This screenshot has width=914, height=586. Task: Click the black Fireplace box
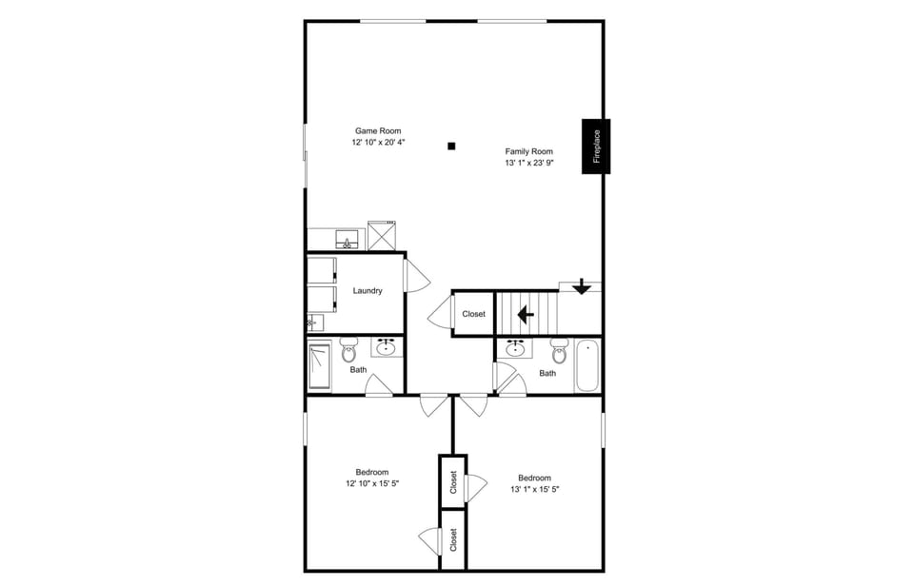(x=597, y=146)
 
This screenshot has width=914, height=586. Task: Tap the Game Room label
(x=378, y=131)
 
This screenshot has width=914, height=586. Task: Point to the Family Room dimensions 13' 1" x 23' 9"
(x=529, y=163)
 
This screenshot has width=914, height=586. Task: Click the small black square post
(x=452, y=146)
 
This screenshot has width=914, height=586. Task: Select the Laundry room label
(x=368, y=291)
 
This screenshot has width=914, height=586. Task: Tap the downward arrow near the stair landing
(x=582, y=286)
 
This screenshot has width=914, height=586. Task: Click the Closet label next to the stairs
(x=473, y=314)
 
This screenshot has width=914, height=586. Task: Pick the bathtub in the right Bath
(x=587, y=365)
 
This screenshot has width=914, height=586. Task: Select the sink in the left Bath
(x=387, y=346)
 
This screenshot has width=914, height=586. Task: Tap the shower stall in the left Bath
(x=320, y=365)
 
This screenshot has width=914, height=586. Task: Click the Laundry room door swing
(x=416, y=276)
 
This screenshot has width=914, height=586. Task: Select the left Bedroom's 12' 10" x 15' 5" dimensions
(x=372, y=483)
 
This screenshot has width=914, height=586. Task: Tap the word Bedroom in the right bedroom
(x=534, y=478)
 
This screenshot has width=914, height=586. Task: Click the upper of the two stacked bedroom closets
(x=453, y=482)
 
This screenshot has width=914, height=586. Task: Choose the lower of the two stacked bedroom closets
(x=453, y=539)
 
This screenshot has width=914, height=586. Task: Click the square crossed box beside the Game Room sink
(x=382, y=234)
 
